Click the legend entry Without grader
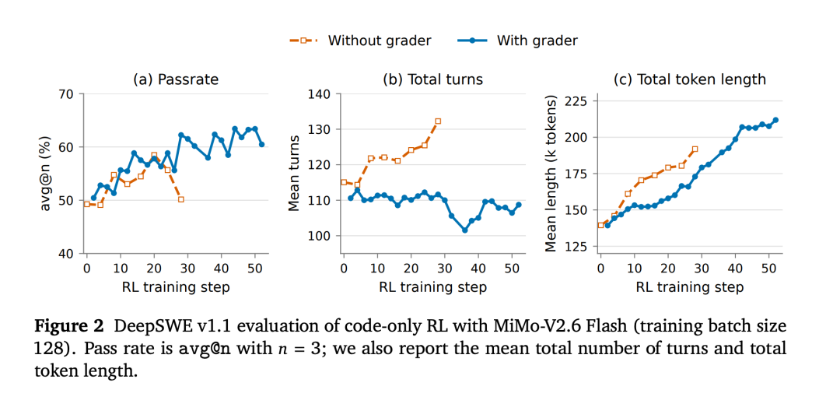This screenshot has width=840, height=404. [x=361, y=40]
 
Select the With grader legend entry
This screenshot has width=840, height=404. [x=517, y=40]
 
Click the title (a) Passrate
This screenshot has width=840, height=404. [x=176, y=80]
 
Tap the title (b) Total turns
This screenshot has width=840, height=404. [x=432, y=80]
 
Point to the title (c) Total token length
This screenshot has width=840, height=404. [x=689, y=80]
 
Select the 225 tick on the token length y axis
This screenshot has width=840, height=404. [x=581, y=100]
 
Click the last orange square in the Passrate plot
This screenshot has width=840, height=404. [x=181, y=199]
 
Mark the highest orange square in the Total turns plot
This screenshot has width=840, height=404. [x=438, y=121]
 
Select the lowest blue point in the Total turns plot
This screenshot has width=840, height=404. [x=464, y=230]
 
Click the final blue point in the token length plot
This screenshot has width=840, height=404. [x=775, y=120]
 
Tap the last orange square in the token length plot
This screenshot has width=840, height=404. [x=695, y=149]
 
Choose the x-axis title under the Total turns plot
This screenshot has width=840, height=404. [x=433, y=287]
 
